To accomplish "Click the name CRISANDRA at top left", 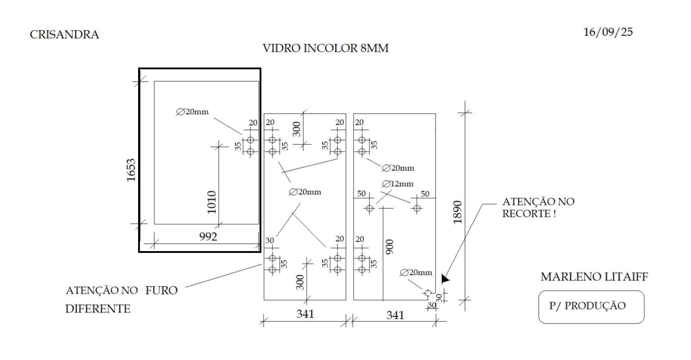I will (x=64, y=35).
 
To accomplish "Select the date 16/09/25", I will (x=608, y=32).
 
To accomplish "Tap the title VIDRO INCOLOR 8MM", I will (x=325, y=48).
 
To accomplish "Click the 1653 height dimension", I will (x=131, y=170).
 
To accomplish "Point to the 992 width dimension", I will (x=208, y=236).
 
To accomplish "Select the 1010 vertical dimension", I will (x=211, y=202).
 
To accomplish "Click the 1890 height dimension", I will (x=458, y=212).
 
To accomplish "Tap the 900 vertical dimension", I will (x=390, y=247).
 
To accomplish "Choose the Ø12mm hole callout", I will (x=398, y=184).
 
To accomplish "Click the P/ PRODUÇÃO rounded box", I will (x=591, y=307).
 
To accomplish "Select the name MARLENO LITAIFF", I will (x=594, y=277).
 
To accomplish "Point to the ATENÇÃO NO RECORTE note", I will (x=538, y=207).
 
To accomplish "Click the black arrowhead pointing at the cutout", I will (x=445, y=279).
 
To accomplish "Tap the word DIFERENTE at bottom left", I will (x=98, y=309).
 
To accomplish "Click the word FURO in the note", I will (x=161, y=290).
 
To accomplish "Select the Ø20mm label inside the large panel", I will (x=193, y=111).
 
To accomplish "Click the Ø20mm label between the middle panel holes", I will (x=305, y=192).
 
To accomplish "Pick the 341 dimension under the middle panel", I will (x=305, y=313).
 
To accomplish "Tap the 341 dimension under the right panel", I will (x=395, y=315).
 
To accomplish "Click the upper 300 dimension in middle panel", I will (x=296, y=128).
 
